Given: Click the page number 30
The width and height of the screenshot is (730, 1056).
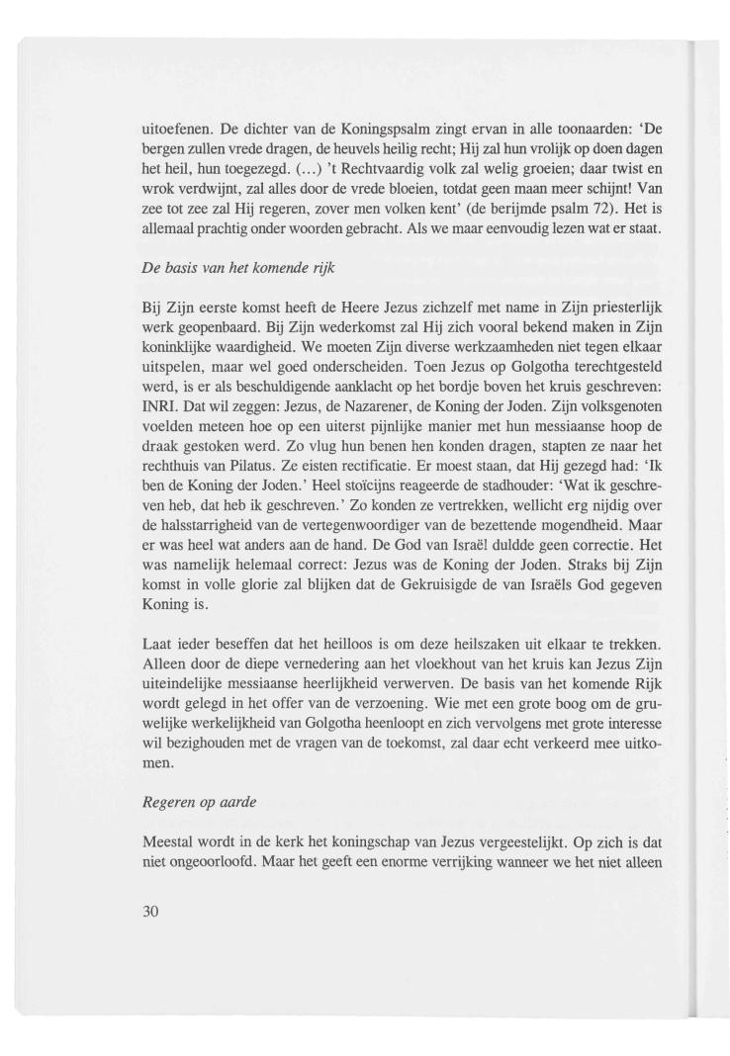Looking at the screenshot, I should pos(153,910).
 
